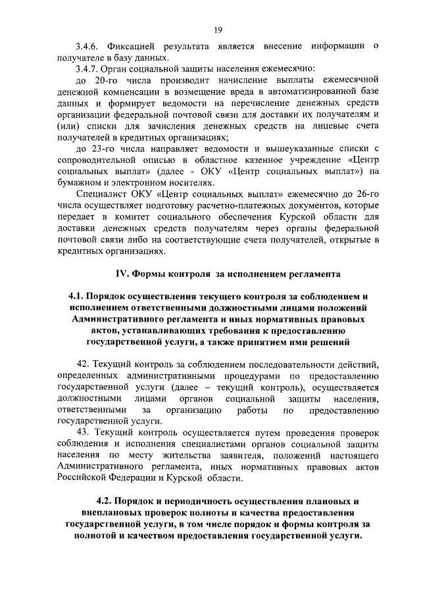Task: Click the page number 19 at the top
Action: (218, 29)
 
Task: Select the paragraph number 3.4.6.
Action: (89, 45)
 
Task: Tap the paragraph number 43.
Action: (84, 432)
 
